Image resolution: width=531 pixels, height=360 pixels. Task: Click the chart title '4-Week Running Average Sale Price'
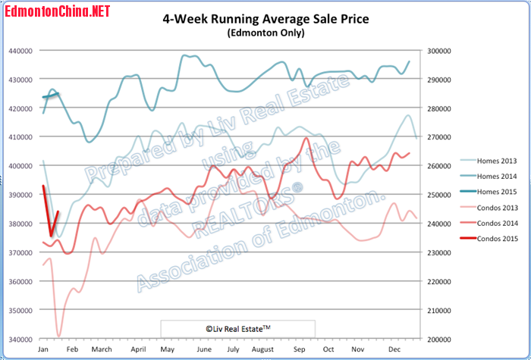click(265, 19)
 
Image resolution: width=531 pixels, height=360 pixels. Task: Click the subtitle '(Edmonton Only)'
click(265, 33)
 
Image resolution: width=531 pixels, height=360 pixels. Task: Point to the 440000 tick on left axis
click(20, 51)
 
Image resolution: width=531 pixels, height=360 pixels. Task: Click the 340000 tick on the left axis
click(20, 339)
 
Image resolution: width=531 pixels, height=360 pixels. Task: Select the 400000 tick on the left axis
click(20, 166)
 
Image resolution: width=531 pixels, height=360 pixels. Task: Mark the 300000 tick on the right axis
click(438, 51)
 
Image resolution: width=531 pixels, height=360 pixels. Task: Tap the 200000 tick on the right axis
click(438, 339)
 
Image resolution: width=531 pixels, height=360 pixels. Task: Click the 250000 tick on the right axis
click(438, 195)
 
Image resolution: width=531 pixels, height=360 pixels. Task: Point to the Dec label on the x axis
click(393, 349)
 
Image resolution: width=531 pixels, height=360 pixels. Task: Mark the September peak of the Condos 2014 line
click(306, 138)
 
